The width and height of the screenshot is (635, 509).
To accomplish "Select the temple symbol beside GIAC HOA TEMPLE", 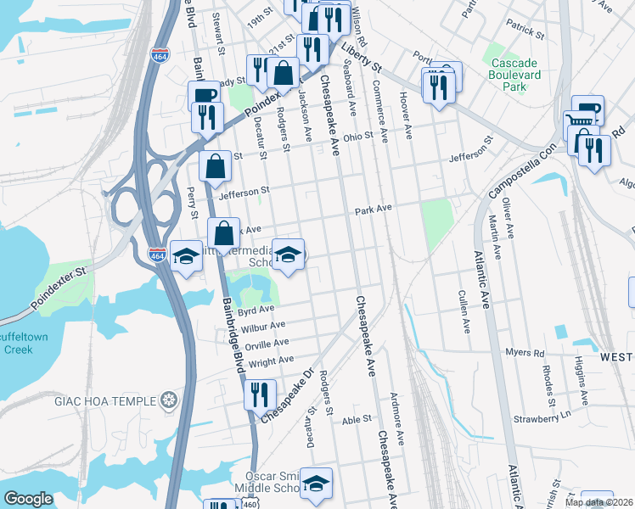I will coord(170,400).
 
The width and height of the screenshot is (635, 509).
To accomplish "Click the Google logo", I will coord(28,499).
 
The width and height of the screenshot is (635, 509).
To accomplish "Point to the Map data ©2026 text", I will coord(599,502).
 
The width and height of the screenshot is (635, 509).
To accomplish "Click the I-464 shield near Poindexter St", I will coord(157,254).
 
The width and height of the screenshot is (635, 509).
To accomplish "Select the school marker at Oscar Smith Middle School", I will coord(316,483).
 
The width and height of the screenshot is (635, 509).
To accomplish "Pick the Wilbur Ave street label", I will coord(263,326).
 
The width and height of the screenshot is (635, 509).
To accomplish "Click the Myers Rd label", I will coord(524,352).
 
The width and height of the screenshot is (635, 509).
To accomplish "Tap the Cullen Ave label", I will coord(464,311).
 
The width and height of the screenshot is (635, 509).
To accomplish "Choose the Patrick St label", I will coord(525,32).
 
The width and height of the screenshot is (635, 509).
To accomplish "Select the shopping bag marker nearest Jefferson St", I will coord(216,168).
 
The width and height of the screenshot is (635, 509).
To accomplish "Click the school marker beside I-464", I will coord(186,255).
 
